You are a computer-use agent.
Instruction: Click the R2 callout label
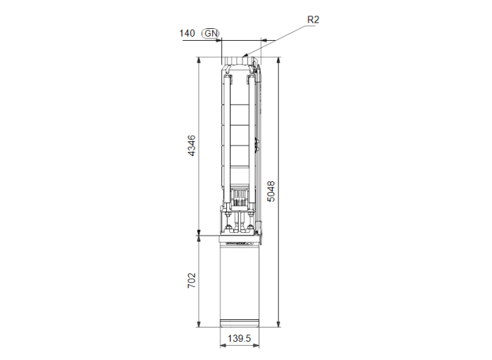(313, 20)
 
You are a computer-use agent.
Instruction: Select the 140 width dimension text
(187, 33)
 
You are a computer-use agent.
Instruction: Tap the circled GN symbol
(210, 33)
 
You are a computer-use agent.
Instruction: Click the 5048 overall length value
(271, 191)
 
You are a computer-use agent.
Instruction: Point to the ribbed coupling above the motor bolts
(240, 197)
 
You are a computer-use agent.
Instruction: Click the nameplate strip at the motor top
(240, 240)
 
